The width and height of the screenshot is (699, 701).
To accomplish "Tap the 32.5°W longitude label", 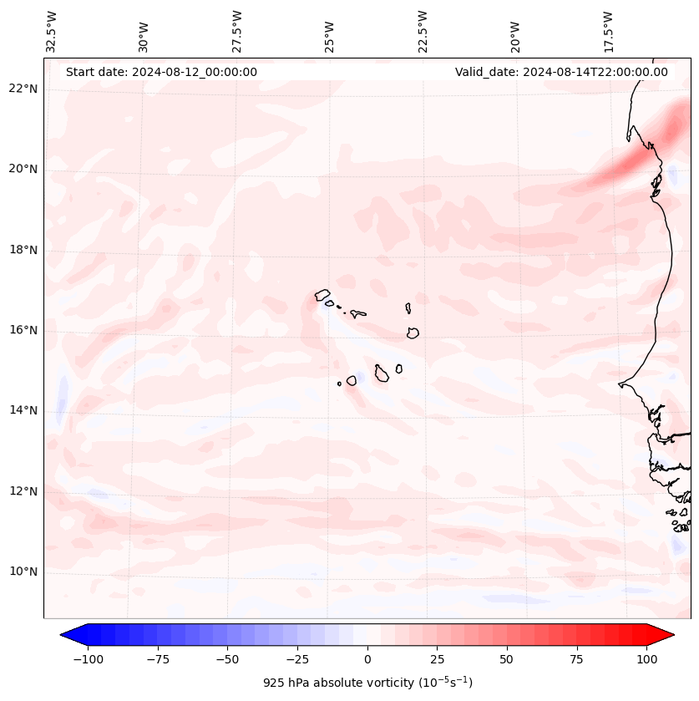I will pyautogui.click(x=52, y=31).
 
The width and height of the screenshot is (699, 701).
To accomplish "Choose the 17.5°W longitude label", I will pyautogui.click(x=609, y=31).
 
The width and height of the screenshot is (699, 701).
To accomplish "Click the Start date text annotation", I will pyautogui.click(x=161, y=72).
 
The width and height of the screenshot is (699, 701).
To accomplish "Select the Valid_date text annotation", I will pyautogui.click(x=561, y=72).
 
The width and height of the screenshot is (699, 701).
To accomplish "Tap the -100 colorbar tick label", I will pyautogui.click(x=89, y=659).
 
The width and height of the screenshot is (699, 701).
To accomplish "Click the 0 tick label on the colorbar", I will pyautogui.click(x=367, y=659).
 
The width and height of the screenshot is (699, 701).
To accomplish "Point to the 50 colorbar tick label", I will pyautogui.click(x=507, y=659).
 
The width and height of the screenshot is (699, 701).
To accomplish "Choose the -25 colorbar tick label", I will pyautogui.click(x=297, y=659).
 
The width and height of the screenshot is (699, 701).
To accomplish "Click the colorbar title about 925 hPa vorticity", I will pyautogui.click(x=367, y=683).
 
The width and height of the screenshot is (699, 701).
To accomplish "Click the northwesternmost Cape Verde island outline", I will pyautogui.click(x=322, y=294).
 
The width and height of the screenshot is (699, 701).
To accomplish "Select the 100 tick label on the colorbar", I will pyautogui.click(x=646, y=659).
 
